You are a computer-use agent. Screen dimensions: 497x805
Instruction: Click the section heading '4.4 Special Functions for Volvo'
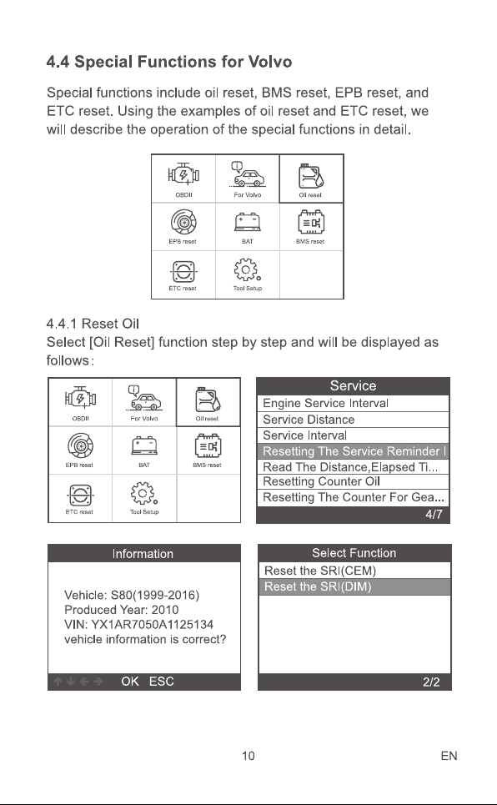[x=169, y=62]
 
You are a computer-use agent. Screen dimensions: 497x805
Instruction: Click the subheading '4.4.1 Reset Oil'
[x=93, y=324]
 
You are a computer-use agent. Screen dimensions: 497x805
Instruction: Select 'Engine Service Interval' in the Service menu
[x=325, y=403]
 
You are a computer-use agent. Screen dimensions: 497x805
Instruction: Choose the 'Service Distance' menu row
[x=309, y=420]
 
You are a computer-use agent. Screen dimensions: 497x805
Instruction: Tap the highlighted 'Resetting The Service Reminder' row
[x=354, y=451]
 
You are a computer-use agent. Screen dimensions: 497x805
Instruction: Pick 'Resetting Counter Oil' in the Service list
[x=321, y=481]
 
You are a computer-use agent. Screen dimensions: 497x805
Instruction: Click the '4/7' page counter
[x=434, y=515]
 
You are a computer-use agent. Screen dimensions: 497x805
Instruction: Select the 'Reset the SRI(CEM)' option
[x=320, y=571]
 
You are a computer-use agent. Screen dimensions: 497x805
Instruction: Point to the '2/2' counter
[x=431, y=682]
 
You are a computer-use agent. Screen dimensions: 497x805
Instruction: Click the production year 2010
[x=165, y=610]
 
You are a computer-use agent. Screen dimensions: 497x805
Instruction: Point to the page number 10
[x=248, y=756]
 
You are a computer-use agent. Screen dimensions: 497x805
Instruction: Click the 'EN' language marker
[x=449, y=756]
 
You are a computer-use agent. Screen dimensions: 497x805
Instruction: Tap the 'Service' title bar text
[x=354, y=385]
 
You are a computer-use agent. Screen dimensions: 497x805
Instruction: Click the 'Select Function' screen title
[x=354, y=553]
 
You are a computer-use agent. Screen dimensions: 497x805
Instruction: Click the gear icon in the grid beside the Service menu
[x=144, y=493]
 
